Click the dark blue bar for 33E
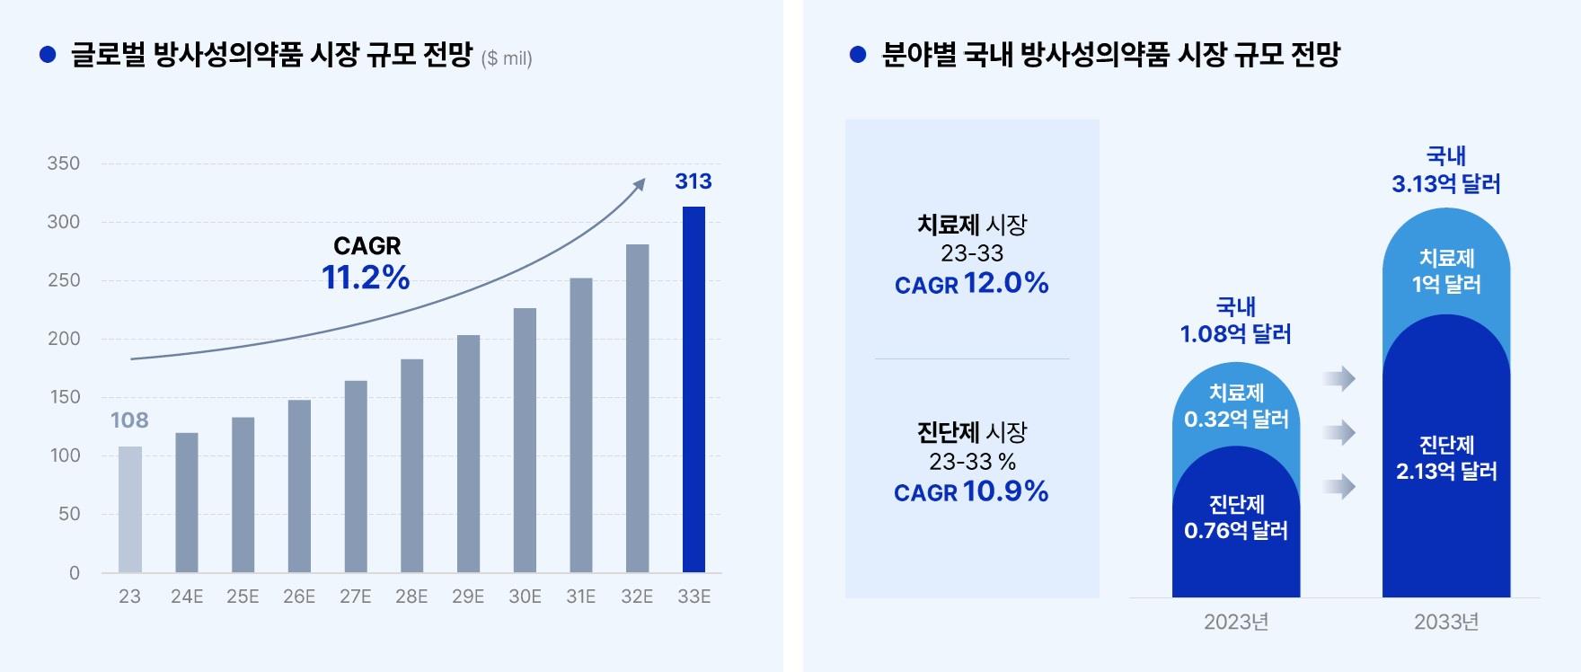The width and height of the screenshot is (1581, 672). (x=693, y=389)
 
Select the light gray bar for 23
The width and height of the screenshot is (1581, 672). (x=130, y=509)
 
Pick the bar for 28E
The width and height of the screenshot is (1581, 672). (x=411, y=465)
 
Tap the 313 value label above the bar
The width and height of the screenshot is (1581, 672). (x=693, y=181)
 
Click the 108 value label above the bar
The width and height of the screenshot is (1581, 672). (x=129, y=420)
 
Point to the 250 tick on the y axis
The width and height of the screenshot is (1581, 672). (x=64, y=280)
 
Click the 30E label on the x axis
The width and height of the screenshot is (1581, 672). (x=525, y=597)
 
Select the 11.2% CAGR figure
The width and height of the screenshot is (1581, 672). (x=366, y=278)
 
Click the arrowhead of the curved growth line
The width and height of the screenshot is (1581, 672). (x=640, y=183)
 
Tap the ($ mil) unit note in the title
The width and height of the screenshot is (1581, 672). (x=507, y=59)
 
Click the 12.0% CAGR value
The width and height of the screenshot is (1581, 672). (x=1006, y=284)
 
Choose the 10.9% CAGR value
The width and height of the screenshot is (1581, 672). (x=1005, y=491)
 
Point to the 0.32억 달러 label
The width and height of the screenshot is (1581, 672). (x=1236, y=420)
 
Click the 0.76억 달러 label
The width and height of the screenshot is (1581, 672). (x=1236, y=531)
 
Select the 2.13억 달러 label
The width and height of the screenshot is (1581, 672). (x=1446, y=472)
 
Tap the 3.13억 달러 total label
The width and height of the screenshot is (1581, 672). (x=1446, y=184)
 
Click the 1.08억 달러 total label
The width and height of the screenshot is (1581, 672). (x=1236, y=334)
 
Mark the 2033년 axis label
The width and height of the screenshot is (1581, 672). (x=1446, y=622)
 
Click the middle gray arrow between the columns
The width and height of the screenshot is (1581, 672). (x=1339, y=433)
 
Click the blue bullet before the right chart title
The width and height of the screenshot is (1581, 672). (x=858, y=56)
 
